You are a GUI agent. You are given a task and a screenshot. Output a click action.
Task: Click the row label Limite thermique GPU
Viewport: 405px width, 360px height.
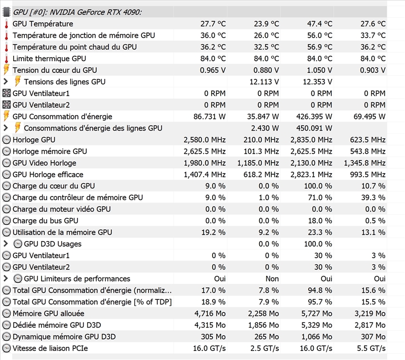click(49, 58)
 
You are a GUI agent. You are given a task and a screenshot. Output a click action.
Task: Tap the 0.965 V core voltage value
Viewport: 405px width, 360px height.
click(213, 70)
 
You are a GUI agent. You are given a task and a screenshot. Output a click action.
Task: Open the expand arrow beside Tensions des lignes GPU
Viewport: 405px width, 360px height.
click(6, 82)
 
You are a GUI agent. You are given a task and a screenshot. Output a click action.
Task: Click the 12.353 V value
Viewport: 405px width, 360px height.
click(317, 82)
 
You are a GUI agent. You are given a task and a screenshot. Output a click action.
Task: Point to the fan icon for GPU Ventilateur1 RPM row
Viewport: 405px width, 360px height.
click(7, 93)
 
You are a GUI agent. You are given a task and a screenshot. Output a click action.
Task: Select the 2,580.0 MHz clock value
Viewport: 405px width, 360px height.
click(205, 140)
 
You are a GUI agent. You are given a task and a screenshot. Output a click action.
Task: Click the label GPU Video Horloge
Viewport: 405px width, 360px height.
click(44, 163)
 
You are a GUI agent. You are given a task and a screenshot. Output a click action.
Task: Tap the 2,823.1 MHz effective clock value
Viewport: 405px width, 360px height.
click(311, 175)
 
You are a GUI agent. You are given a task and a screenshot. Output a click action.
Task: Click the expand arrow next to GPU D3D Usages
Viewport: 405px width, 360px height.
click(6, 244)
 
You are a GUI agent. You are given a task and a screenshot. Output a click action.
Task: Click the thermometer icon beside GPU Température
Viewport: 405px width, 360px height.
click(7, 24)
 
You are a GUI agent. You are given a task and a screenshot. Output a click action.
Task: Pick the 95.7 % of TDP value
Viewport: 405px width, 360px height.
click(320, 302)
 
